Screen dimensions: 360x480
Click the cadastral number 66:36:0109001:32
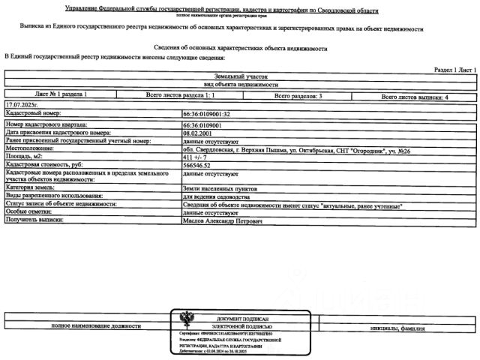pyautogui.click(x=206, y=113)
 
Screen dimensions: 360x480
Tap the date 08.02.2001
pyautogui.click(x=198, y=132)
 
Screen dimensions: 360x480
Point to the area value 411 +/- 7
pyautogui.click(x=196, y=157)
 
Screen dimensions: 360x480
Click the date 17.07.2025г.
pyautogui.click(x=20, y=104)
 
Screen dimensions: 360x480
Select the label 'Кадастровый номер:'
pyautogui.click(x=29, y=113)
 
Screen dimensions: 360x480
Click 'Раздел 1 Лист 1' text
pyautogui.click(x=454, y=69)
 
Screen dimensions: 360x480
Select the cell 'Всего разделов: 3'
pyautogui.click(x=298, y=96)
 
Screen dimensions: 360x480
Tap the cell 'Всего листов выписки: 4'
pyautogui.click(x=415, y=96)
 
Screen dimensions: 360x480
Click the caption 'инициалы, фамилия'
pyautogui.click(x=397, y=328)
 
